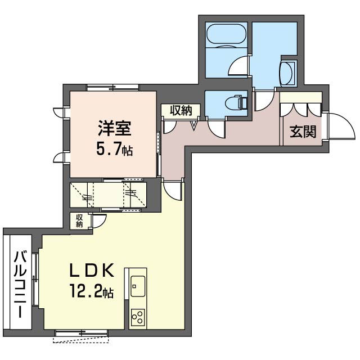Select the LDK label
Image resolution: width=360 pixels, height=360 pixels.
[92, 271]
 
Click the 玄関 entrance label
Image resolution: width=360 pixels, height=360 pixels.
[302, 132]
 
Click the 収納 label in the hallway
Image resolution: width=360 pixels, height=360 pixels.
[180, 110]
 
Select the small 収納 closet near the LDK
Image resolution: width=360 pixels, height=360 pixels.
[79, 221]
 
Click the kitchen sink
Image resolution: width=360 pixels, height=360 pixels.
[137, 283]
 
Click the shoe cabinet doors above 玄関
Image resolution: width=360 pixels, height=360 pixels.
[301, 109]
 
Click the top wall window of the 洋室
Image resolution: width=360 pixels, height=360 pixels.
[112, 87]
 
